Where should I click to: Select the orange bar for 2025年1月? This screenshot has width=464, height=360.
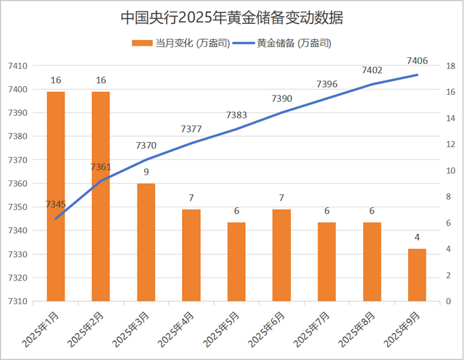[56, 196]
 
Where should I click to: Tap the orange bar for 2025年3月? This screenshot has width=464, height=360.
[146, 242]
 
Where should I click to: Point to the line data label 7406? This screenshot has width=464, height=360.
[417, 60]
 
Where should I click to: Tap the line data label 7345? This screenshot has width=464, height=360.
[56, 205]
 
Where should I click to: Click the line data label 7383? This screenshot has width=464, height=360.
[236, 114]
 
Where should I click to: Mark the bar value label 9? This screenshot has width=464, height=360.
[146, 172]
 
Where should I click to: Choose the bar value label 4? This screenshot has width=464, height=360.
[417, 238]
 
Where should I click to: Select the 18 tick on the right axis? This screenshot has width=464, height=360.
[450, 66]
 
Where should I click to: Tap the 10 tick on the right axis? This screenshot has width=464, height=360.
[450, 171]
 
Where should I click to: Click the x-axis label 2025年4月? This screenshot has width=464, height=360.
[178, 329]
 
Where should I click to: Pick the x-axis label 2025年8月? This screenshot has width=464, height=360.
[360, 329]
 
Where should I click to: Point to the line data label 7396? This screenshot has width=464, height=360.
[327, 85]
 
